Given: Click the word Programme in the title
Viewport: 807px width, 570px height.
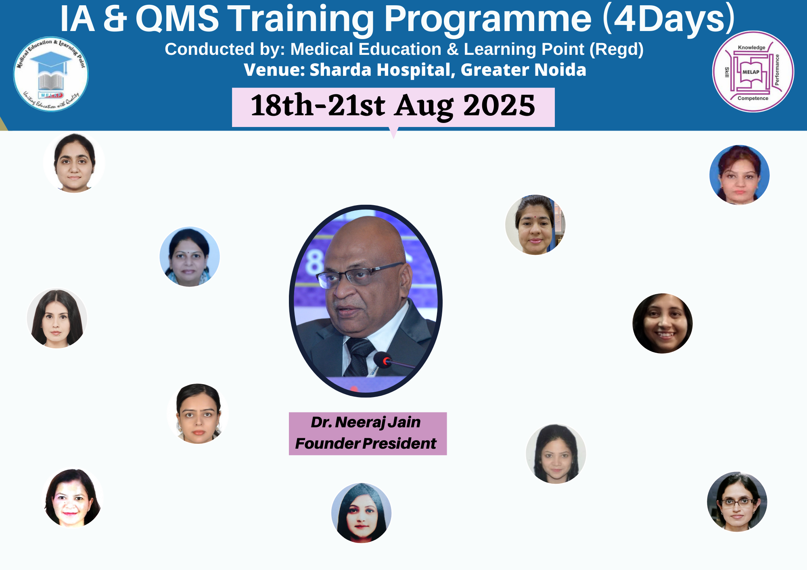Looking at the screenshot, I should click(x=487, y=19).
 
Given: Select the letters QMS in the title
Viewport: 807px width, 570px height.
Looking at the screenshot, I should click(x=177, y=19).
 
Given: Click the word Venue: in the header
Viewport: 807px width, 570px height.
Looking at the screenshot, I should click(x=274, y=70).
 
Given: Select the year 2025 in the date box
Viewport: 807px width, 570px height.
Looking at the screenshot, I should click(x=499, y=106).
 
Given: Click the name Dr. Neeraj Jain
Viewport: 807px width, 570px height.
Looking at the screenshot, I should click(x=366, y=422).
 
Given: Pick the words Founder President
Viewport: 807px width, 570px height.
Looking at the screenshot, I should click(x=366, y=443).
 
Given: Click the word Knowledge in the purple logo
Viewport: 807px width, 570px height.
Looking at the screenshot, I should click(x=751, y=48).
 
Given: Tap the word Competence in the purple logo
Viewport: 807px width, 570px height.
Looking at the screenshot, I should click(x=753, y=98).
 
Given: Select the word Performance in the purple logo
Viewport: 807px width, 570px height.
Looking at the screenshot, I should click(x=777, y=70).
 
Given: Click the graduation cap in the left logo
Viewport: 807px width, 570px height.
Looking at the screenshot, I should click(x=51, y=59).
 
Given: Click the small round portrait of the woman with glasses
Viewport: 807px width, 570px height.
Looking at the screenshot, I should click(x=737, y=502).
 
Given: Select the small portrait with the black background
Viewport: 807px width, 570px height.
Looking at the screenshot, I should click(x=663, y=323).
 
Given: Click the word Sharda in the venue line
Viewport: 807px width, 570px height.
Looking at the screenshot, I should click(x=340, y=70).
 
